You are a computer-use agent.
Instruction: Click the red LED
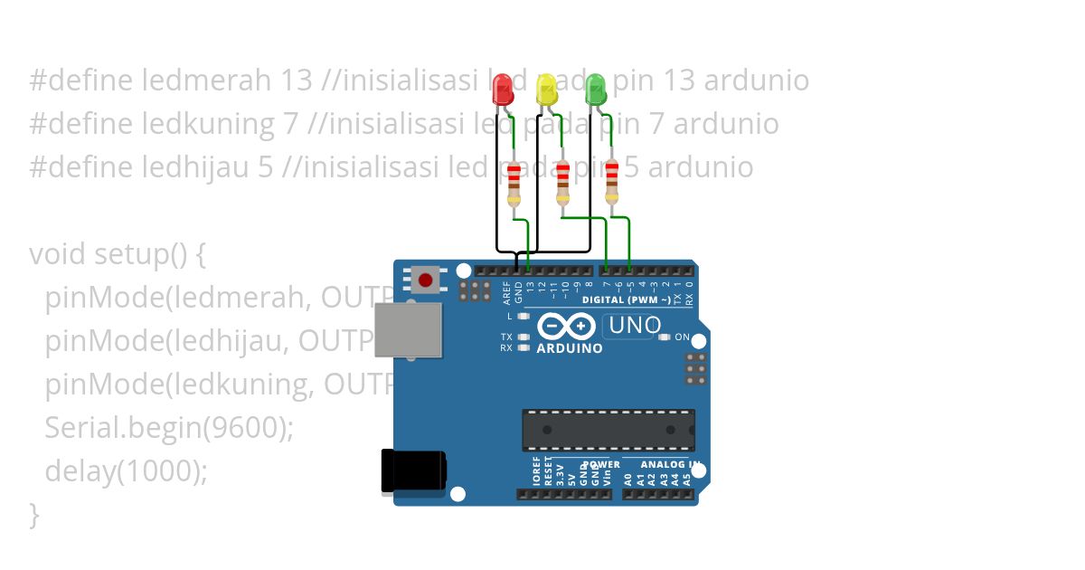click(x=503, y=89)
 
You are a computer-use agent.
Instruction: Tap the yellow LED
click(x=546, y=89)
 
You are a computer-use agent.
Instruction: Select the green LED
click(x=595, y=89)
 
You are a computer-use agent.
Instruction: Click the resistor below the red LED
click(x=514, y=184)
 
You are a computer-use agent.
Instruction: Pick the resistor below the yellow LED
click(x=562, y=183)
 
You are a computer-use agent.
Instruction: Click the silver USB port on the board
click(x=408, y=330)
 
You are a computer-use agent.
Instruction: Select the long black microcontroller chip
click(x=608, y=430)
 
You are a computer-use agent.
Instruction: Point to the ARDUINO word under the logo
click(x=570, y=348)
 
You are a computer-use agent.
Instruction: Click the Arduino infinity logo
click(x=566, y=326)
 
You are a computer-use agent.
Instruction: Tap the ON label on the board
click(x=682, y=337)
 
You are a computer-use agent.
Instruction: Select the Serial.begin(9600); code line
click(x=169, y=428)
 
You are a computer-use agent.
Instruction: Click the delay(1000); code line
click(x=126, y=471)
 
